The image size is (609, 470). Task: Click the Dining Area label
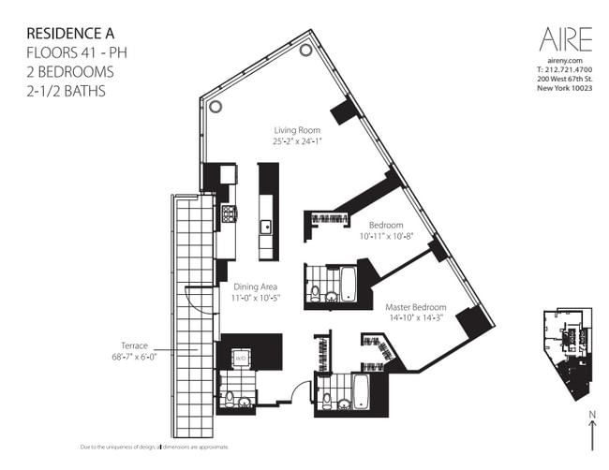tap(257, 286)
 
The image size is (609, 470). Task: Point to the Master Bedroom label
tap(415, 306)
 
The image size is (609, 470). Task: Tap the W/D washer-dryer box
tap(240, 358)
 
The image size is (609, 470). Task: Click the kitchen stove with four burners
tap(228, 214)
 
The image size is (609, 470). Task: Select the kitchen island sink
tap(267, 226)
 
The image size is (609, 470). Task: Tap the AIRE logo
tap(565, 39)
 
